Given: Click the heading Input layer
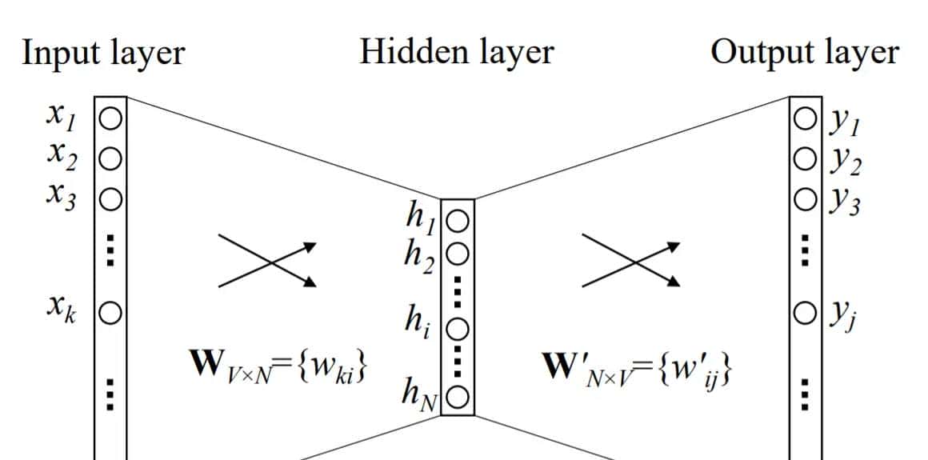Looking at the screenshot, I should pos(103,53).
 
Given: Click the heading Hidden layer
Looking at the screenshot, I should pos(456,53).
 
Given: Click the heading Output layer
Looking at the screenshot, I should pos(805,53).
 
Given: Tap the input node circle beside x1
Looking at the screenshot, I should pos(110,119).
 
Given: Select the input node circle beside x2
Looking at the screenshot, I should pos(110,158).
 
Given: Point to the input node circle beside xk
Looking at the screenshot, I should pos(110,311).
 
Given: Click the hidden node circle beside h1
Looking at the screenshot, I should pos(457,218).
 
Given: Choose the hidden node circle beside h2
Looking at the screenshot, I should pos(457,254).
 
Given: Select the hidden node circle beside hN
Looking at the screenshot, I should pos(457,396).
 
